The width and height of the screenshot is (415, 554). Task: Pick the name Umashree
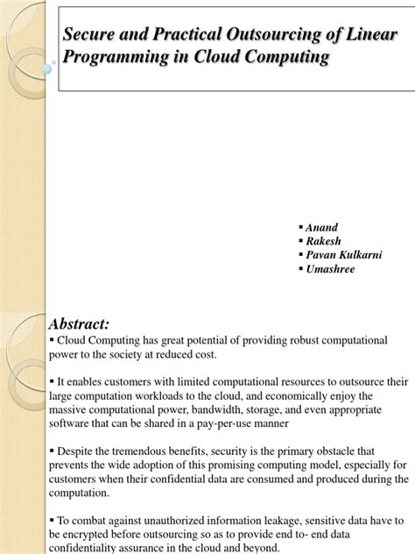331,269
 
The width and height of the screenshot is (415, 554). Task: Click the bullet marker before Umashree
300,269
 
